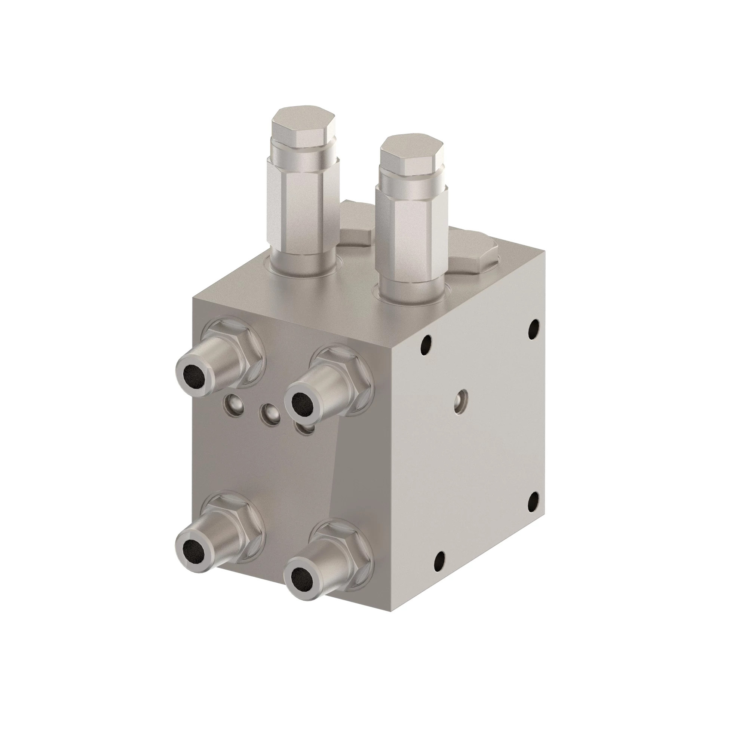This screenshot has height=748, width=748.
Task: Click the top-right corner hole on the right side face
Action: (534, 324)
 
